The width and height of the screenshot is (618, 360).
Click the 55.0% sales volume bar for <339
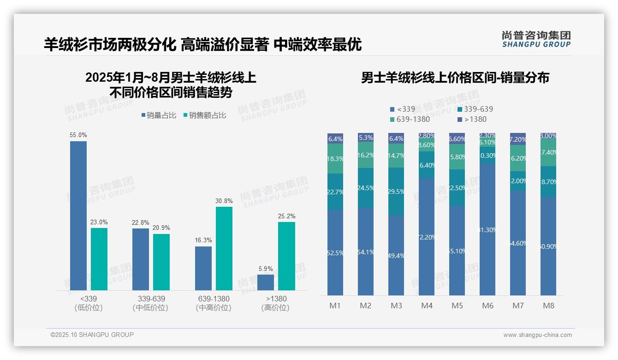click(x=78, y=216)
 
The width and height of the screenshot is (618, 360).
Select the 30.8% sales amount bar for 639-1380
click(x=224, y=248)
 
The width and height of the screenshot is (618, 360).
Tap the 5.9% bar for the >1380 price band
click(x=266, y=282)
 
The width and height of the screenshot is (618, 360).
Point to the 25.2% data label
click(x=287, y=216)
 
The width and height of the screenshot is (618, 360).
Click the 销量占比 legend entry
click(x=159, y=115)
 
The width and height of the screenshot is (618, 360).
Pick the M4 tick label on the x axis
click(x=427, y=306)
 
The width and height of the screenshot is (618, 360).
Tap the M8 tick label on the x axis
click(x=548, y=306)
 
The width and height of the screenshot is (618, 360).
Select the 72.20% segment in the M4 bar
click(x=427, y=237)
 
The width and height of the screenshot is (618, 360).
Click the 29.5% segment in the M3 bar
click(x=396, y=191)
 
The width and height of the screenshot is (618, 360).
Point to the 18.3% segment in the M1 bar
click(x=335, y=158)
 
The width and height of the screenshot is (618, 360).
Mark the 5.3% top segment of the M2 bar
click(x=366, y=137)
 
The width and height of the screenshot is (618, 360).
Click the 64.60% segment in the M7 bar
click(x=518, y=243)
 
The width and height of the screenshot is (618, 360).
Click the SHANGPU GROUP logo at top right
click(x=536, y=39)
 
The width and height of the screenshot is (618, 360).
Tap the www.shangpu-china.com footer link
click(x=537, y=335)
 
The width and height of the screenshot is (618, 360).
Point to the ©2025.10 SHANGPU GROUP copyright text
click(x=92, y=335)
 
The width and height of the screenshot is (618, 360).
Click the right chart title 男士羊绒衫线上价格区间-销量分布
click(x=455, y=78)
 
